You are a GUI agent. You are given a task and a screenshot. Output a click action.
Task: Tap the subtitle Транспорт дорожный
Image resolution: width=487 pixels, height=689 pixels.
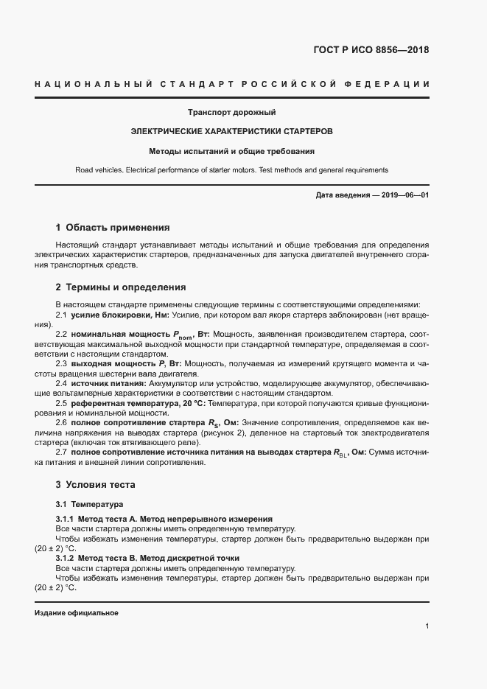[231, 113]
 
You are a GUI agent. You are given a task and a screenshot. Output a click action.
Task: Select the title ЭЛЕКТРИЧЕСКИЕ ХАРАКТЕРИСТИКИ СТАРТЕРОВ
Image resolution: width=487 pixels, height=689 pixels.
[231, 132]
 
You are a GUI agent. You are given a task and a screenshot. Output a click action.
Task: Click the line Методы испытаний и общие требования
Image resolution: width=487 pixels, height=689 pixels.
[231, 151]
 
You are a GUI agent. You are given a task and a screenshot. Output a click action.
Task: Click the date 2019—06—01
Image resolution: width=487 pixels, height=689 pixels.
[402, 195]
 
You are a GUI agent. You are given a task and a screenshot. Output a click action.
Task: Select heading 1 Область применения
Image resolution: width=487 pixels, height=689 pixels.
[113, 228]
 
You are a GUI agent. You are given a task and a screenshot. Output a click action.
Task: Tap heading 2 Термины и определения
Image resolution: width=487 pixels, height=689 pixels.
[121, 287]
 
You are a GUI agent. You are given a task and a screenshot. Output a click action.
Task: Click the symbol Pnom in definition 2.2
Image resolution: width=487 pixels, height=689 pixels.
[182, 335]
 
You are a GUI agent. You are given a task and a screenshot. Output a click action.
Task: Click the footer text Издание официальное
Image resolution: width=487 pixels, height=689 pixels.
[77, 613]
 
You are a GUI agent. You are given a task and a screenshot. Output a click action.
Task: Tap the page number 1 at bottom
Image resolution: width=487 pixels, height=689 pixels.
[427, 626]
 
